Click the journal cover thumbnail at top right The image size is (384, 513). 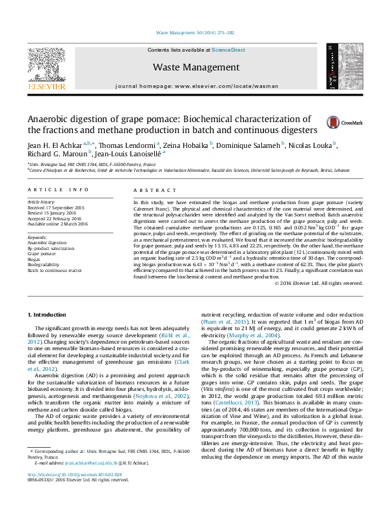coord(339,67)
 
